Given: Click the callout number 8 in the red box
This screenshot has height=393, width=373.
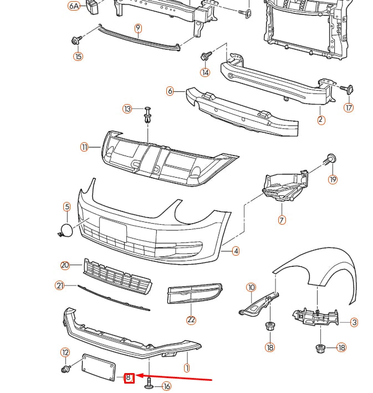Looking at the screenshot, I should point(129,378).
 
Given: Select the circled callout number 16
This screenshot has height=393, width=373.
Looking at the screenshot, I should point(166,386).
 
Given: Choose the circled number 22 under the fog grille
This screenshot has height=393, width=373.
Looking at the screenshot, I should point(191,319).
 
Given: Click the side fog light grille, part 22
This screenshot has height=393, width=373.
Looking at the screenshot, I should point(194,294).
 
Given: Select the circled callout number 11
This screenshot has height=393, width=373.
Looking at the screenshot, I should point(84,147).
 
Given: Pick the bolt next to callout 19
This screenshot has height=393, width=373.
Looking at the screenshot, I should point(330,159).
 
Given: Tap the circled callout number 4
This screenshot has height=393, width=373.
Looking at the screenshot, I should point(236,251).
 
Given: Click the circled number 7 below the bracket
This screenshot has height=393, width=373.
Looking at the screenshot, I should point(282,220).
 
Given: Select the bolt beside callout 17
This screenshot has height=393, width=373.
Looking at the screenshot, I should point(350,89).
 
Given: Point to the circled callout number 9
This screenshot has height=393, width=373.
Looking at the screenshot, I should point(138,28).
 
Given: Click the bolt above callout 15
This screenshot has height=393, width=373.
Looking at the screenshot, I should point(76,40).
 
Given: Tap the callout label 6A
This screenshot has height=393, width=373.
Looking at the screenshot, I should point(74,6).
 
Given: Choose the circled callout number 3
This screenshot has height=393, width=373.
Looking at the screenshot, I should point(354,322).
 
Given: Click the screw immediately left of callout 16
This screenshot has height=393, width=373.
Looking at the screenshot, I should point(150,382).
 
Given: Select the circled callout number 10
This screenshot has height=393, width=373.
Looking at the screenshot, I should point(252,287).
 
